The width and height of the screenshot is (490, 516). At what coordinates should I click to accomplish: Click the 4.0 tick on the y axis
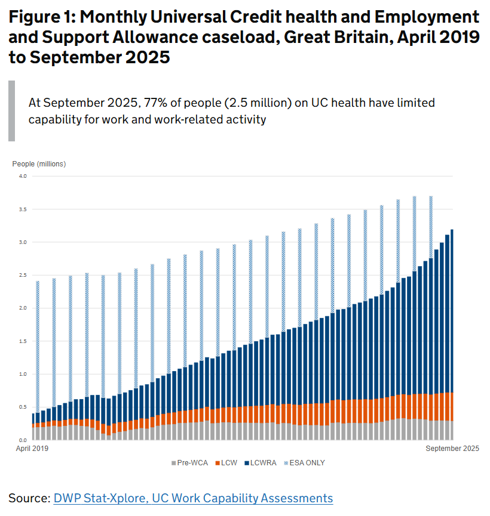(x=23, y=176)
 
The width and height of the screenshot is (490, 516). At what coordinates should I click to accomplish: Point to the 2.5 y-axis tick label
(x=23, y=275)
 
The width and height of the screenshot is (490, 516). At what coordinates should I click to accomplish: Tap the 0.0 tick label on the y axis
(x=23, y=440)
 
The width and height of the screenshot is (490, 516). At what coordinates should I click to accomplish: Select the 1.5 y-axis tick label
(x=23, y=341)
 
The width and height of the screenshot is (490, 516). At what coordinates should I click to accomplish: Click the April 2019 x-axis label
(x=32, y=448)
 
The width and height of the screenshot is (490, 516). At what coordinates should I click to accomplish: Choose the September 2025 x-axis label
(x=452, y=448)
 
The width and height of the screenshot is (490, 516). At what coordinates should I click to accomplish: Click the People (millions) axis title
(x=39, y=163)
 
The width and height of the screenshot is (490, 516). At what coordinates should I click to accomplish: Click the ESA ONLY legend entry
(x=305, y=463)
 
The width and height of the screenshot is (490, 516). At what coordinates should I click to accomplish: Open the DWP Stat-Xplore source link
(x=193, y=498)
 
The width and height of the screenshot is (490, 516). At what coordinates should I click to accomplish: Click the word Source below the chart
(x=28, y=498)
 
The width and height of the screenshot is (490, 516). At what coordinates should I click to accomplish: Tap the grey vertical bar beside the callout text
(x=11, y=111)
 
